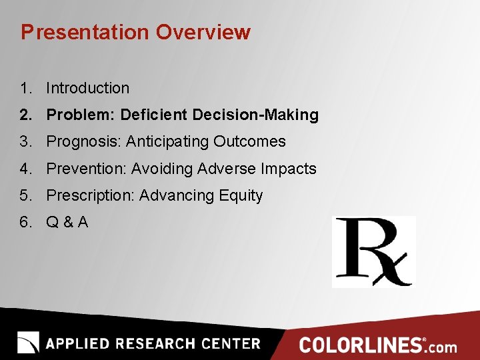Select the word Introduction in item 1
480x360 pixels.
click(x=87, y=88)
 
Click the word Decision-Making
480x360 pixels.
click(x=255, y=115)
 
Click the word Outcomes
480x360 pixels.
click(x=255, y=141)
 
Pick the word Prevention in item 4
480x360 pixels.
click(x=86, y=169)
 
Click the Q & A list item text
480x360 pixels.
click(x=67, y=222)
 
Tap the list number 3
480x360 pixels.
click(x=25, y=141)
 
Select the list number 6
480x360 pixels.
click(x=25, y=222)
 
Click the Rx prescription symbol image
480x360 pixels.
click(x=373, y=251)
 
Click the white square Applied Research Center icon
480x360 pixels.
click(x=28, y=342)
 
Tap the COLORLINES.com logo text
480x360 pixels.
click(x=378, y=345)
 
